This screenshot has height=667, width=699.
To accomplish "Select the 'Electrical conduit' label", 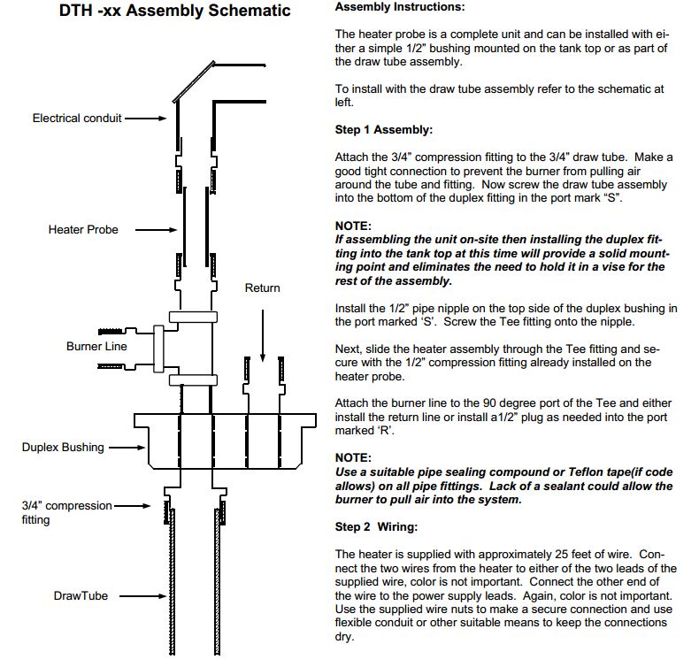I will (x=77, y=118).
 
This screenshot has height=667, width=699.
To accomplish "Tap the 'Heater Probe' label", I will (x=83, y=230).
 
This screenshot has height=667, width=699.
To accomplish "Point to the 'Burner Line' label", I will (x=96, y=346).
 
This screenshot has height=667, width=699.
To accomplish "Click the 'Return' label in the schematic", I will (x=262, y=287).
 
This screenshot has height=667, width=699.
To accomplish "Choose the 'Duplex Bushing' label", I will (x=63, y=448).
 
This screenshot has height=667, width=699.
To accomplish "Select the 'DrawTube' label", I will (x=81, y=596).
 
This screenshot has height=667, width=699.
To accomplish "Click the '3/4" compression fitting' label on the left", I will (x=66, y=512).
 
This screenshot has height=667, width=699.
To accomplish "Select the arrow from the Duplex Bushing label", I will (x=127, y=448).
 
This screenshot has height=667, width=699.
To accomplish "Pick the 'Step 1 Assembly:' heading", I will (x=384, y=130).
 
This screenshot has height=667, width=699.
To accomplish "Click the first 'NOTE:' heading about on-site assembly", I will (x=353, y=226).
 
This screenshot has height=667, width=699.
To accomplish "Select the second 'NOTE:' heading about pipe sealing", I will (x=353, y=458).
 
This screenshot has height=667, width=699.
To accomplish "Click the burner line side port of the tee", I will (x=159, y=346).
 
